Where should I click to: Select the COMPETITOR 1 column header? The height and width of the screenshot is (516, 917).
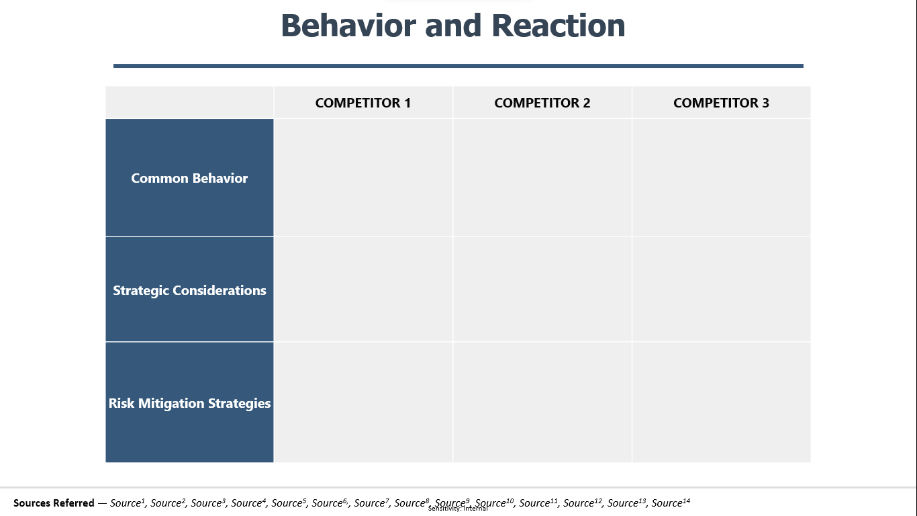pos(363,103)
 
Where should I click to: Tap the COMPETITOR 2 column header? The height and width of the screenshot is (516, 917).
pos(542,103)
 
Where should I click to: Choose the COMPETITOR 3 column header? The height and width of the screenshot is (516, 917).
pos(722,103)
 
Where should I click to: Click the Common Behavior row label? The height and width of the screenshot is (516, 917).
pos(189,178)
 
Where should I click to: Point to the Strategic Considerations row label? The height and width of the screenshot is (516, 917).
pos(189,290)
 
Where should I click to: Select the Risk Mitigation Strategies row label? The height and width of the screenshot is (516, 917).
pos(189,403)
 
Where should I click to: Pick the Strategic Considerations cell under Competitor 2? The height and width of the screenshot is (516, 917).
pos(542,290)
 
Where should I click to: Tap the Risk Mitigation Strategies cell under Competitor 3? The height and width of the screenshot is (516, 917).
pos(722,402)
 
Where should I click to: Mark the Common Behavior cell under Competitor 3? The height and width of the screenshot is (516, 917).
pos(722,177)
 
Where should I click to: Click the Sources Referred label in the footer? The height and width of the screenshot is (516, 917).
pos(54,503)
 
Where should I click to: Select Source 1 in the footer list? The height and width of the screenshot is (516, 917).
pos(128,503)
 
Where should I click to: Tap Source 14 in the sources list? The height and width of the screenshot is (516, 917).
pos(671,503)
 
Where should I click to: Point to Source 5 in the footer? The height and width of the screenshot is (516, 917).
pos(289,503)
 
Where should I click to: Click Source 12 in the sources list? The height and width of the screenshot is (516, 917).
pos(583,503)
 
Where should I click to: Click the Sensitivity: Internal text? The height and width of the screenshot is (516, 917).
pos(458,509)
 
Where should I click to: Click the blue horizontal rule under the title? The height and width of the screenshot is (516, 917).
pos(458,66)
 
